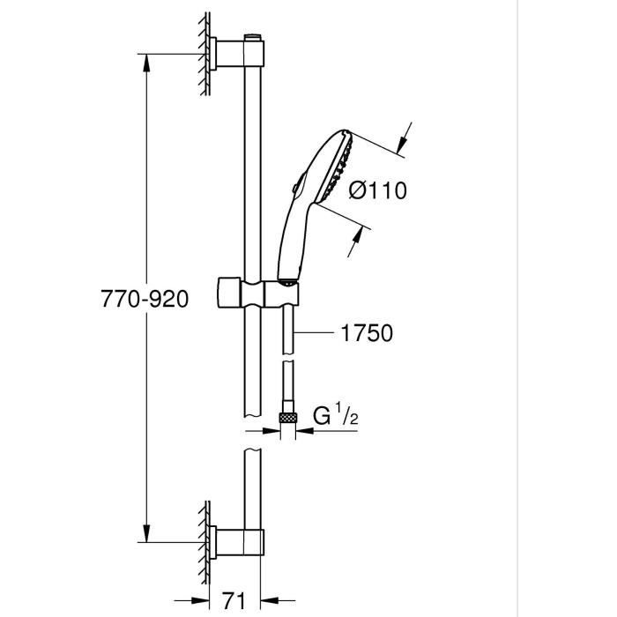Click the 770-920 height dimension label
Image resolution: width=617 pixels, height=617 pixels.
pos(144,299)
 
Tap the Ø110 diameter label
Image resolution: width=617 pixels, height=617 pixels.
pos(378,190)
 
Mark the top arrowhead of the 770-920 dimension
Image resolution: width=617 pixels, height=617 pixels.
pos(145,62)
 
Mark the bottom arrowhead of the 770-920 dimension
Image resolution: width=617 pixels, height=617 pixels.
pos(145,534)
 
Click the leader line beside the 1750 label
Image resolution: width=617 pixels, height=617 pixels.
pos(313,332)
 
